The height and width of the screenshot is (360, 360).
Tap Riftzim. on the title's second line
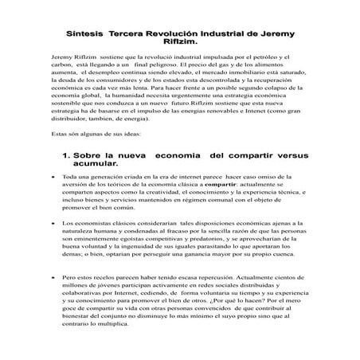179,45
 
